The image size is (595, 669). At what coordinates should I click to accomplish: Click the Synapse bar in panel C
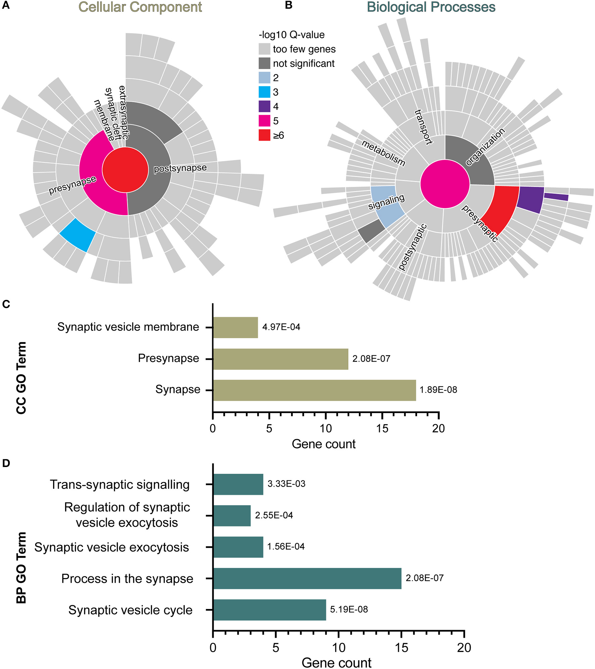click(x=314, y=390)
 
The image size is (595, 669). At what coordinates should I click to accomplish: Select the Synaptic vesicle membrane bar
click(x=235, y=327)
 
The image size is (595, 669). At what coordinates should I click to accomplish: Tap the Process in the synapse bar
click(x=307, y=578)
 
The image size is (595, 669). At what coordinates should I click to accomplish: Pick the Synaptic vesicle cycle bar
click(x=269, y=610)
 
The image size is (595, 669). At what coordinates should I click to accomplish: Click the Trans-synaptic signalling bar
click(x=238, y=484)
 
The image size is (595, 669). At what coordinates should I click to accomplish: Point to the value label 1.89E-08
click(x=438, y=390)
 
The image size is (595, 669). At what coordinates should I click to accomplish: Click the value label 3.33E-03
click(x=286, y=484)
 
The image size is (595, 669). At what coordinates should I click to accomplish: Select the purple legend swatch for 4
click(x=264, y=106)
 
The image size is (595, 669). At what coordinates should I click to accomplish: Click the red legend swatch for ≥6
click(x=264, y=135)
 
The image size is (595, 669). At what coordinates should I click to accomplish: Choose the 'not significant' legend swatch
click(x=264, y=63)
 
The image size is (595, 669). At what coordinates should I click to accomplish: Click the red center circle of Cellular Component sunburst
click(x=125, y=170)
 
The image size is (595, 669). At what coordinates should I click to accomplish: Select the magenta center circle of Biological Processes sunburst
click(x=445, y=184)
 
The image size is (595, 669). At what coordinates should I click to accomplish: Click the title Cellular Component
click(x=140, y=7)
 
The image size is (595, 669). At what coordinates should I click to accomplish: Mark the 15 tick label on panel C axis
click(x=382, y=428)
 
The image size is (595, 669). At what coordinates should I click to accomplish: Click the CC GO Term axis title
click(x=21, y=378)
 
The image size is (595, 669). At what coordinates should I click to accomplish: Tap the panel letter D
click(x=6, y=463)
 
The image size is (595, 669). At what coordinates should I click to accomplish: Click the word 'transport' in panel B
click(x=423, y=127)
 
